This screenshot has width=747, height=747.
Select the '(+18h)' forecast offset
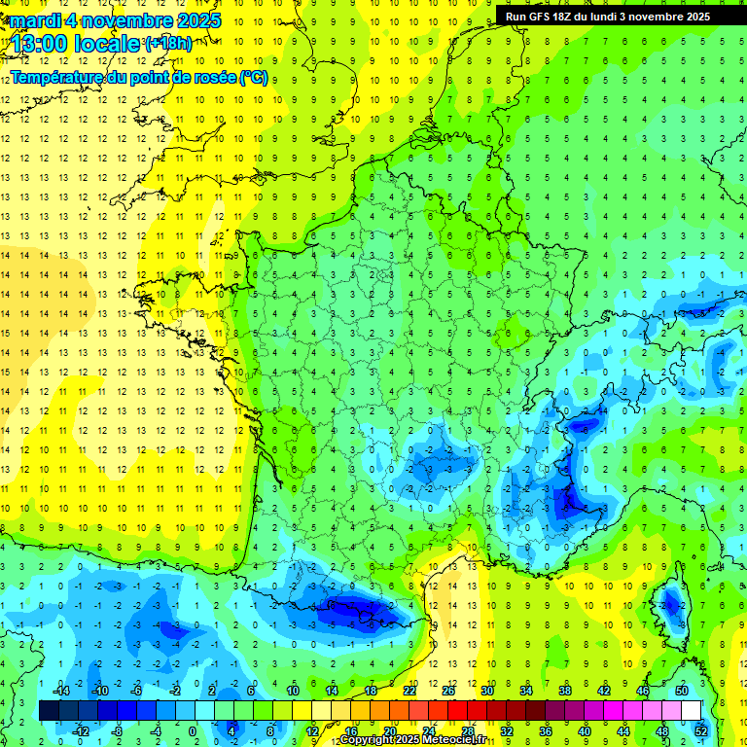(x=168, y=43)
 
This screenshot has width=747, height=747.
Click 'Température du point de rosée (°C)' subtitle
(x=138, y=77)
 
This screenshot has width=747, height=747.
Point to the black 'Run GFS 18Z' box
(x=607, y=16)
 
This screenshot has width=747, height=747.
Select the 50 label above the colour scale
(x=681, y=690)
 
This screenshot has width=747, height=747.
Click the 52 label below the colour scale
(x=700, y=730)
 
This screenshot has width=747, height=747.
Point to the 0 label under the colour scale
(x=192, y=730)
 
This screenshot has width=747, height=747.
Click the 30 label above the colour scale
(x=485, y=690)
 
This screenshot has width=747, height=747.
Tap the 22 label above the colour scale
(x=409, y=690)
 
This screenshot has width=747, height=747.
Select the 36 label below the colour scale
(x=546, y=730)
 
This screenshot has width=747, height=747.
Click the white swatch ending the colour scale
(x=692, y=710)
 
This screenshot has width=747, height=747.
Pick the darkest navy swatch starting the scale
(x=48, y=710)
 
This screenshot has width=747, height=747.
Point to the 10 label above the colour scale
(x=292, y=690)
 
